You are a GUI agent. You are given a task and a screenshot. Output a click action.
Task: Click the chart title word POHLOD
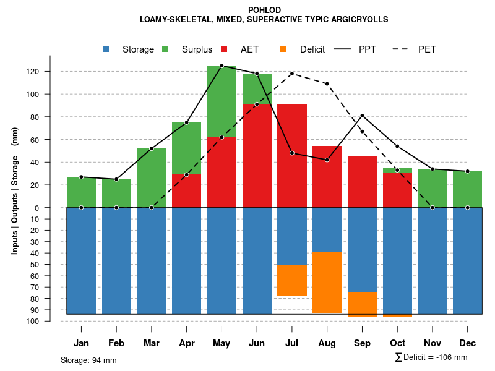[264, 10]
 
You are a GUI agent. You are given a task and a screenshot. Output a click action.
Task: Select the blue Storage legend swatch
[106, 49]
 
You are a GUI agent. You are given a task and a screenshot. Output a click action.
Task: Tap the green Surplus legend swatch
[166, 49]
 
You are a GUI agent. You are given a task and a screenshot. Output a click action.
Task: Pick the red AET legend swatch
[225, 49]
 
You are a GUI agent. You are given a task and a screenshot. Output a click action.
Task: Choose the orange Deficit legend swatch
[284, 49]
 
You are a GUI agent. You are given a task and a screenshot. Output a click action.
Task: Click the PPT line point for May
[222, 66]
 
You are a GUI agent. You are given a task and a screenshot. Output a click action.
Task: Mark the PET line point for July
[292, 74]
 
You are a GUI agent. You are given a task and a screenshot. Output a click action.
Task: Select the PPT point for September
[362, 116]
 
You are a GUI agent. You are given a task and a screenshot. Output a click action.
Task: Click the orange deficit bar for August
[327, 283]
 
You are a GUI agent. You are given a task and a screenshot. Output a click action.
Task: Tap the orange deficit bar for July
[292, 281]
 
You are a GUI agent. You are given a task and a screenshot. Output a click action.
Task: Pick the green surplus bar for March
[152, 178]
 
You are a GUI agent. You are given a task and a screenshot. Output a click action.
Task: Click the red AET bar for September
[362, 182]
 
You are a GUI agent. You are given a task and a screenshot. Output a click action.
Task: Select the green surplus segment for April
[186, 148]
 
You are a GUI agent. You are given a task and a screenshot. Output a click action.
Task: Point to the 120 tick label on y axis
[33, 72]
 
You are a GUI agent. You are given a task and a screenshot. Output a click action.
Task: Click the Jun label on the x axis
[257, 343]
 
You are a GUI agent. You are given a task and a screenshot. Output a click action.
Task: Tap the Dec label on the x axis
[467, 343]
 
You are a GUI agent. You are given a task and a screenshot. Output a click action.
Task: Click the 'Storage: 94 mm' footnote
[88, 360]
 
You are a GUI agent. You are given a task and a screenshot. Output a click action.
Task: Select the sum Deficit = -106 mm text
[431, 357]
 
